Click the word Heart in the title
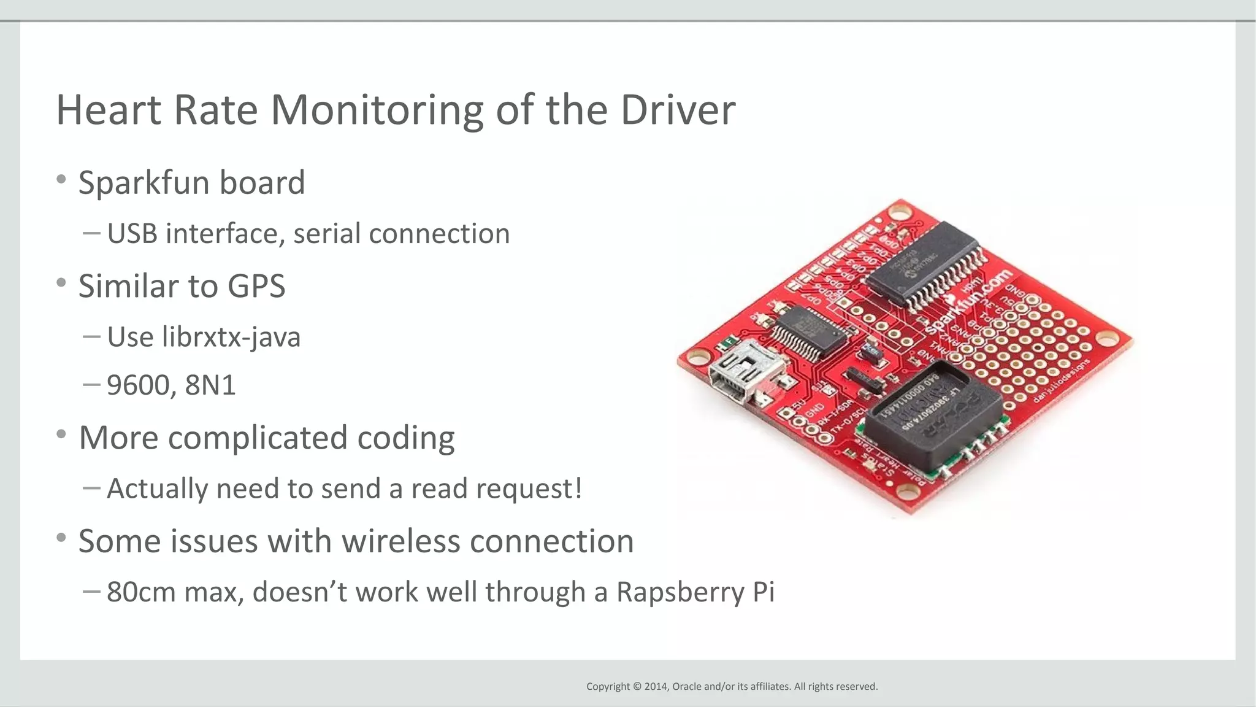point(109,110)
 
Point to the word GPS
point(256,287)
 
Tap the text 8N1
point(210,385)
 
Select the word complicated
point(258,438)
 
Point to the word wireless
point(400,541)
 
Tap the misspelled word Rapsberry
point(679,592)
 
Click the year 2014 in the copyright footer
point(656,686)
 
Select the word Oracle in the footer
point(687,686)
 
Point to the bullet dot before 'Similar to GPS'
point(61,283)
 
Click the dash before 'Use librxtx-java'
point(91,336)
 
